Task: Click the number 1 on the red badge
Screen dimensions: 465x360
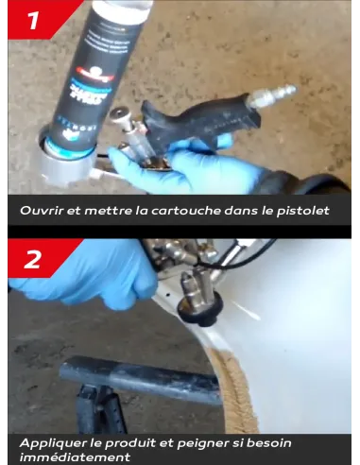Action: pyautogui.click(x=33, y=20)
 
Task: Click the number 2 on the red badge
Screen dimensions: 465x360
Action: pyautogui.click(x=33, y=259)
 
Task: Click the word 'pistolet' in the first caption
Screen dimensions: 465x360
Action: pyautogui.click(x=301, y=210)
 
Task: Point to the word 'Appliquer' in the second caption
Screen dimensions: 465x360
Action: pyautogui.click(x=51, y=442)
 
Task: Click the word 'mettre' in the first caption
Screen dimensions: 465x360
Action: pyautogui.click(x=102, y=210)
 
